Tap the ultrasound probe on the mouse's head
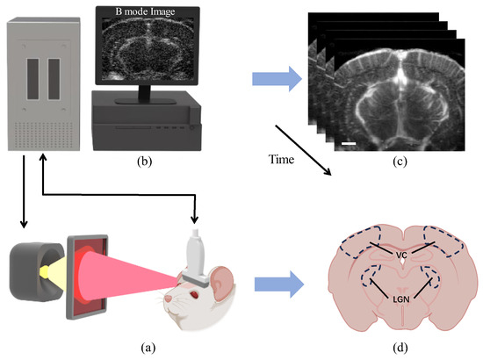tap(198, 251)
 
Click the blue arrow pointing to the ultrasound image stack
tap(274, 80)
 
